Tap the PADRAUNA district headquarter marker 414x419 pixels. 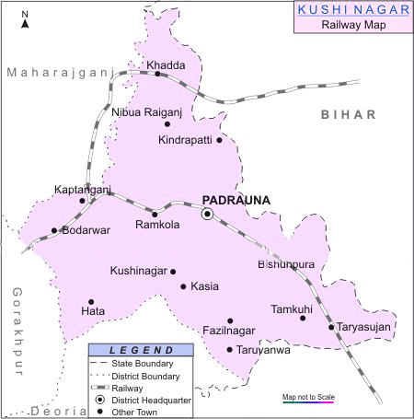(208, 214)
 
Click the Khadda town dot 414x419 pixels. (157, 75)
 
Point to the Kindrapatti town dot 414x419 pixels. (220, 140)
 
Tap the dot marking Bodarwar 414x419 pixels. (54, 231)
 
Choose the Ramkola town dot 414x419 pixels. (155, 215)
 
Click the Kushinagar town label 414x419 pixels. (138, 271)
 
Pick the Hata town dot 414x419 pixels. (91, 301)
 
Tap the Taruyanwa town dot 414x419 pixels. (230, 349)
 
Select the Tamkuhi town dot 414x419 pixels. (303, 319)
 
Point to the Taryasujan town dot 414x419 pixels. (331, 327)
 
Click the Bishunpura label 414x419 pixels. (287, 264)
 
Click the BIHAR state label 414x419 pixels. (349, 114)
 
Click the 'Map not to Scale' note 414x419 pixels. (309, 396)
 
